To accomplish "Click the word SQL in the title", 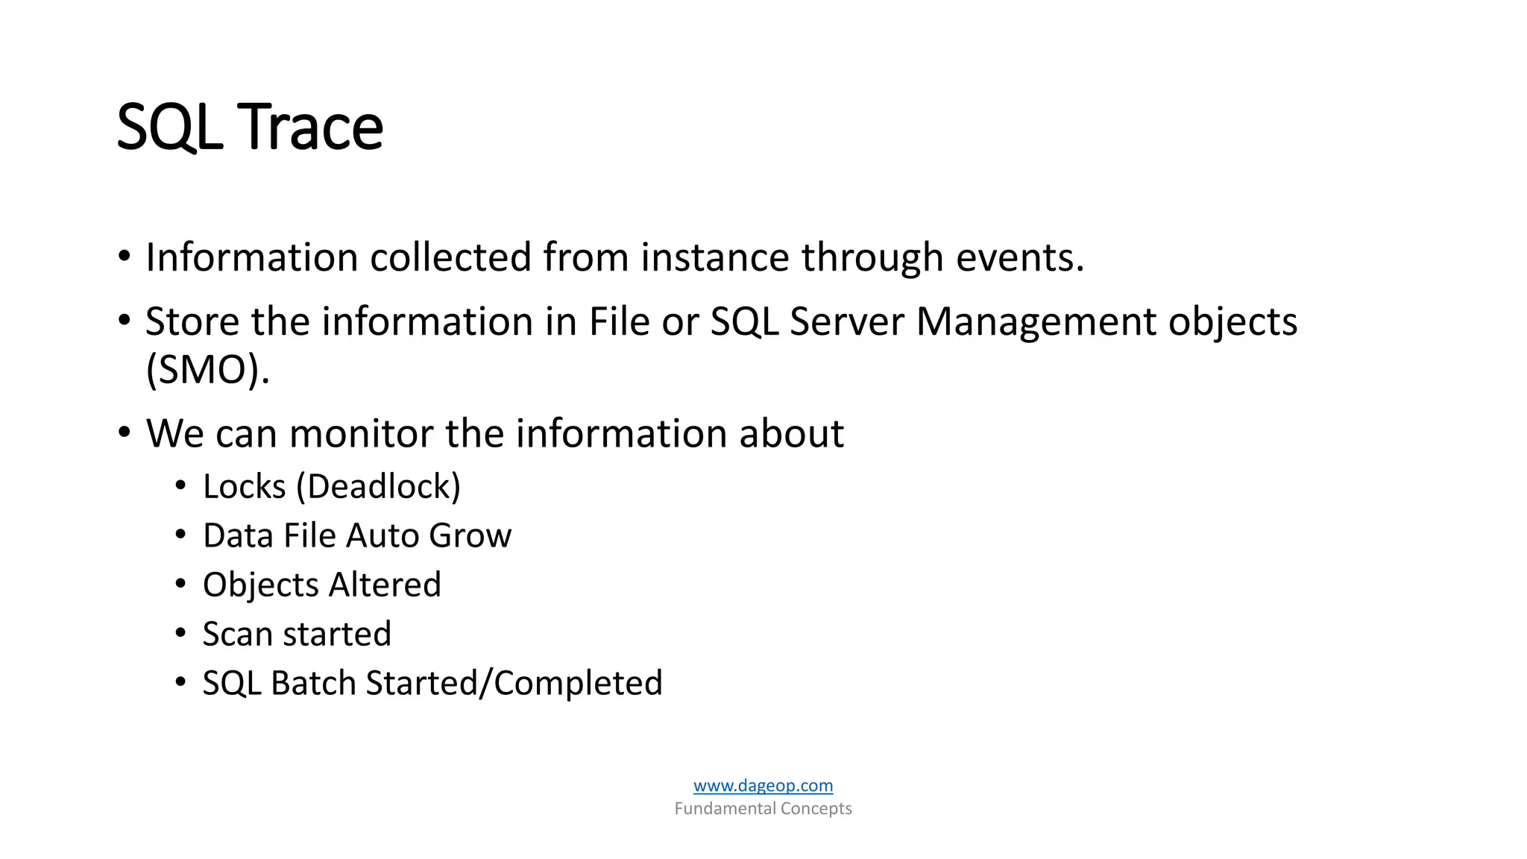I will [169, 128].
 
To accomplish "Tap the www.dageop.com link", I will [763, 785].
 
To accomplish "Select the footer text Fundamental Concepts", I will [763, 808].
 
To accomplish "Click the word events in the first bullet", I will [1019, 257].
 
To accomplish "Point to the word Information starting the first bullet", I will [252, 257].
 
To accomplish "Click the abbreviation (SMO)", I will [207, 370].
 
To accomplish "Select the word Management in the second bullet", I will [1036, 322].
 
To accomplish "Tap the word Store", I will [192, 322].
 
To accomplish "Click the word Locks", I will [245, 487].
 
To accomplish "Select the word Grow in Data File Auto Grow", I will [470, 536].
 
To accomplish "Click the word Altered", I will [385, 585].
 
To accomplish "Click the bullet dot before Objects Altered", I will [180, 583].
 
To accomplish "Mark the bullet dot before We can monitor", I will [125, 432].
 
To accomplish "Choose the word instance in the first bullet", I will [715, 257].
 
